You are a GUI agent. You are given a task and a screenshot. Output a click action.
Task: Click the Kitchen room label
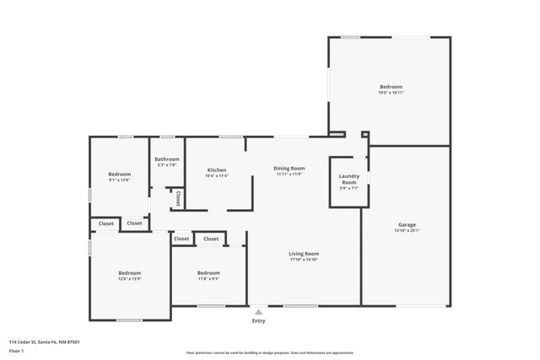click(x=216, y=169)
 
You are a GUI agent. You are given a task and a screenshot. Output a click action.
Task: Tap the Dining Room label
click(x=289, y=168)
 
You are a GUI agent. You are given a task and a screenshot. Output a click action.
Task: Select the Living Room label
click(x=304, y=253)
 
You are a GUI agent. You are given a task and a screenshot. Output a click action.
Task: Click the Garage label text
click(x=407, y=224)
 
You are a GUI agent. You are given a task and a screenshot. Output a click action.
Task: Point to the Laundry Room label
click(x=348, y=179)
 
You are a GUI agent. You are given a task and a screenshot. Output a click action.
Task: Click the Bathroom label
click(x=166, y=159)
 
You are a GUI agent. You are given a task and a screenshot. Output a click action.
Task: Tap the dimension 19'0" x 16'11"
click(x=391, y=94)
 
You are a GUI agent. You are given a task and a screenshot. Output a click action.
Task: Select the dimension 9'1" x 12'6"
click(x=119, y=180)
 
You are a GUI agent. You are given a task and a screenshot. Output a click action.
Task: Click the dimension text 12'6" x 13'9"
click(x=129, y=279)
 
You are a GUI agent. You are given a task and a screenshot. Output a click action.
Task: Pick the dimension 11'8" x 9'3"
click(x=208, y=279)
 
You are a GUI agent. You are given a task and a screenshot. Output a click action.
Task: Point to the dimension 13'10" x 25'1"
click(x=407, y=230)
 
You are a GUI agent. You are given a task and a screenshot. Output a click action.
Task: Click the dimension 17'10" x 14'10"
click(x=304, y=259)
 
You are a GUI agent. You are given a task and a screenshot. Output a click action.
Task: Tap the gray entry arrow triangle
click(x=258, y=309)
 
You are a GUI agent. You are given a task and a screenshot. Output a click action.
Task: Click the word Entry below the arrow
click(x=258, y=320)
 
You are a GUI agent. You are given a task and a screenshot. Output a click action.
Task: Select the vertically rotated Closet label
click(x=178, y=198)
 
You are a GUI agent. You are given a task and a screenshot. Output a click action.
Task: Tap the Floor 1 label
click(x=17, y=350)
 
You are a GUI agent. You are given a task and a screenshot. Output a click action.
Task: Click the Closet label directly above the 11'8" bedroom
click(x=211, y=239)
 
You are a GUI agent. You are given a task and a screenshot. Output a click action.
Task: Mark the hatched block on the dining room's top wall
click(x=337, y=133)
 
